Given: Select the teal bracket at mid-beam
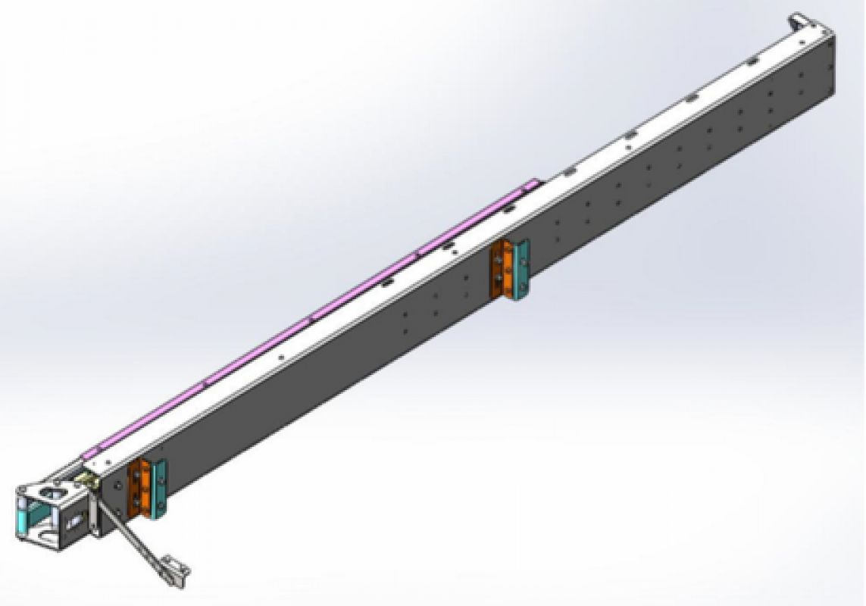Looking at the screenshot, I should click(x=520, y=269).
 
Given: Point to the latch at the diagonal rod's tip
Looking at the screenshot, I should click(x=175, y=569).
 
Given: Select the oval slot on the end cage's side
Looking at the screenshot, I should click(x=76, y=521).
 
